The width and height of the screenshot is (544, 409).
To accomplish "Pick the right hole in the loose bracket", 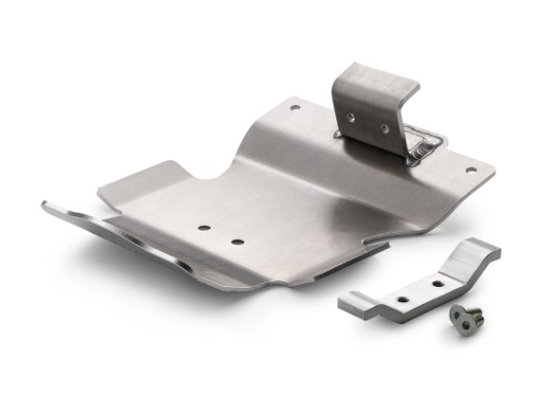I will [x=439, y=283].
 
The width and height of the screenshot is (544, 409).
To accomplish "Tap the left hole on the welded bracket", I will [x=352, y=117].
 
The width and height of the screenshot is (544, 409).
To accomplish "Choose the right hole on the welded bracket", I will [x=385, y=127].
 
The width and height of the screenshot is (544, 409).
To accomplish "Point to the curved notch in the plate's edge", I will [x=205, y=176].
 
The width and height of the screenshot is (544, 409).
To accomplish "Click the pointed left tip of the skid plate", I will [x=46, y=203].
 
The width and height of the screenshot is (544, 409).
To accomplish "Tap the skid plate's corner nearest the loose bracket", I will [x=386, y=247].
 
